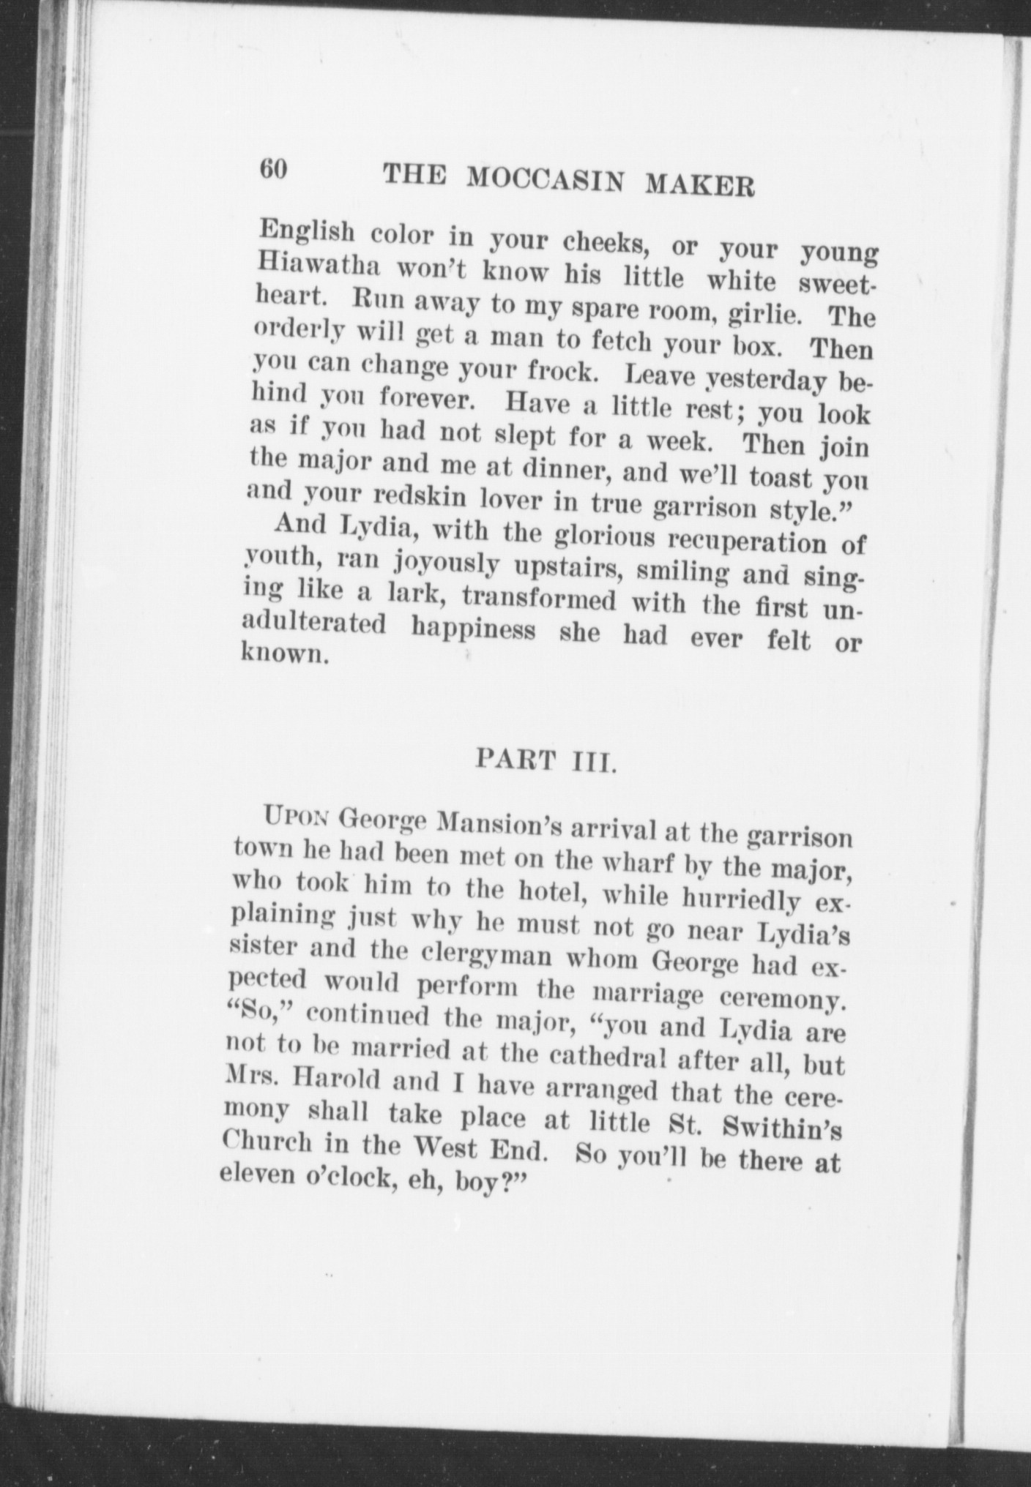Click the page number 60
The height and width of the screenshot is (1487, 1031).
(272, 170)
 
